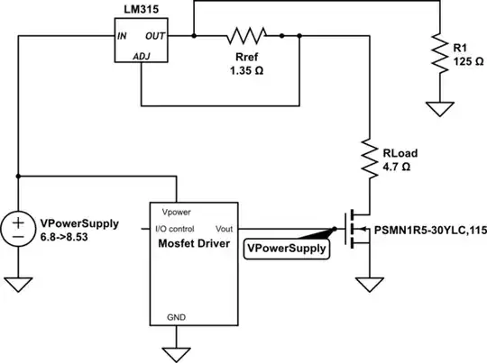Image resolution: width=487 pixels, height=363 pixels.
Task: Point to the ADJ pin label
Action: (142, 56)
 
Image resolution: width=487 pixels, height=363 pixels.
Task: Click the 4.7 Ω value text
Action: (398, 168)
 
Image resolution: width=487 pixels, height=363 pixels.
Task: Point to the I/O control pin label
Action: (182, 229)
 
